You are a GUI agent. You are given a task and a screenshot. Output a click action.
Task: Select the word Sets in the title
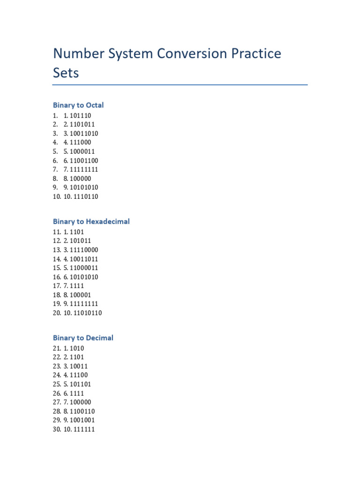click(x=66, y=73)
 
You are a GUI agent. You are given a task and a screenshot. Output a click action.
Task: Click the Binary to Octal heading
click(x=78, y=105)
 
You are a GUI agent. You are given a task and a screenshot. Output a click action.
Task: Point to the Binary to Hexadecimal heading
click(x=91, y=221)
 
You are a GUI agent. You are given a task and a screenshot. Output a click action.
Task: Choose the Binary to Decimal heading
click(x=83, y=337)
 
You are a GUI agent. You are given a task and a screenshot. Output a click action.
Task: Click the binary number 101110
click(x=80, y=115)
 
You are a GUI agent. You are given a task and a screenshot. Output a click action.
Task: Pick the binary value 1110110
click(x=86, y=196)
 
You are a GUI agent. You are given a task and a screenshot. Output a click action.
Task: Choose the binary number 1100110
click(x=82, y=411)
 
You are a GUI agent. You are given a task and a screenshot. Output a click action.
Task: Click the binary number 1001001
click(x=82, y=420)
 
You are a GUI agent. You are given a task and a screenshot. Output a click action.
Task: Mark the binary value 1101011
click(x=82, y=124)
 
